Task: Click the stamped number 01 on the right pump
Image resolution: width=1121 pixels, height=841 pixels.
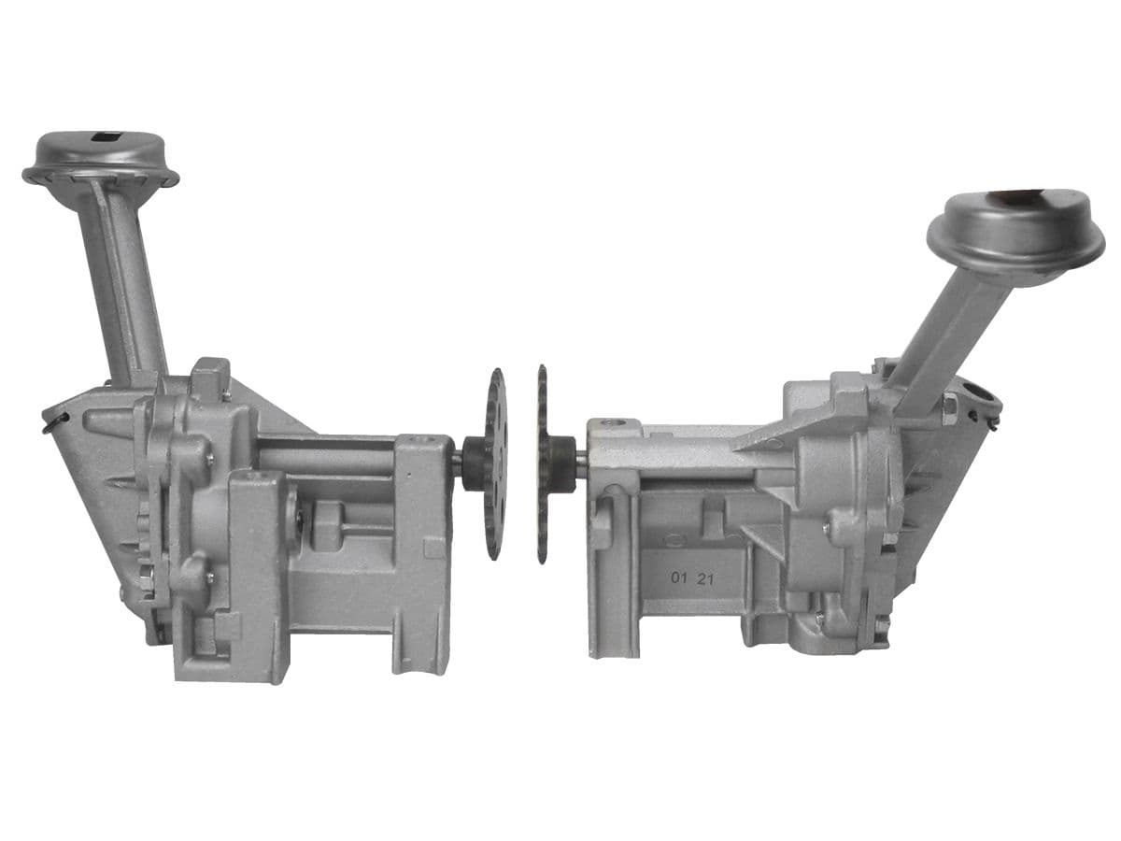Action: pyautogui.click(x=679, y=578)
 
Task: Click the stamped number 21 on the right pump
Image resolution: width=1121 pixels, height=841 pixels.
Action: pyautogui.click(x=706, y=579)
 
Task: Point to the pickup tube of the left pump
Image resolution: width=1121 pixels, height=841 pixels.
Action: pyautogui.click(x=123, y=276)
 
